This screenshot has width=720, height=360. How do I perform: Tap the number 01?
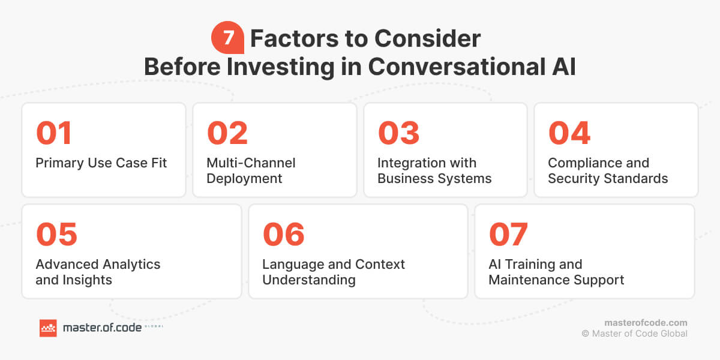coord(54,133)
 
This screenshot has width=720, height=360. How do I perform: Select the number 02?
coord(227,133)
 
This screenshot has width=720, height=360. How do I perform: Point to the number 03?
coord(398,133)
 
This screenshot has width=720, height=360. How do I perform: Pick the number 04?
coord(569,133)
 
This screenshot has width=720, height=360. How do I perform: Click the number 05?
coord(56,235)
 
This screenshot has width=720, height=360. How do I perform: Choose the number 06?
coord(283,235)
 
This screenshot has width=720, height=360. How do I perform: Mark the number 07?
coord(508,235)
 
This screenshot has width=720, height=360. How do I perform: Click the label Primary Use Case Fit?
coord(101,163)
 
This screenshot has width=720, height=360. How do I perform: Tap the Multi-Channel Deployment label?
coord(251,171)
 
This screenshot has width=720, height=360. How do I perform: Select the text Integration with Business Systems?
coord(434,171)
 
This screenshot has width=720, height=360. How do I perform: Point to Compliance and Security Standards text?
coord(607,171)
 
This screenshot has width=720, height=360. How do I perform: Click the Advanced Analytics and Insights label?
coord(98,272)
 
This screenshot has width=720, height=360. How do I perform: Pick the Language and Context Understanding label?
coord(334,272)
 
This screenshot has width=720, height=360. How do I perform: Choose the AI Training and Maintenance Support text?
coord(556,272)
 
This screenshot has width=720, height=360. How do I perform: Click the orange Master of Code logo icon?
coord(48,328)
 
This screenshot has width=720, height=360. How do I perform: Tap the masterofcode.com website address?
coord(646,323)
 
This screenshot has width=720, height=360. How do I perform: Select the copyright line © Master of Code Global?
coord(634,334)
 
